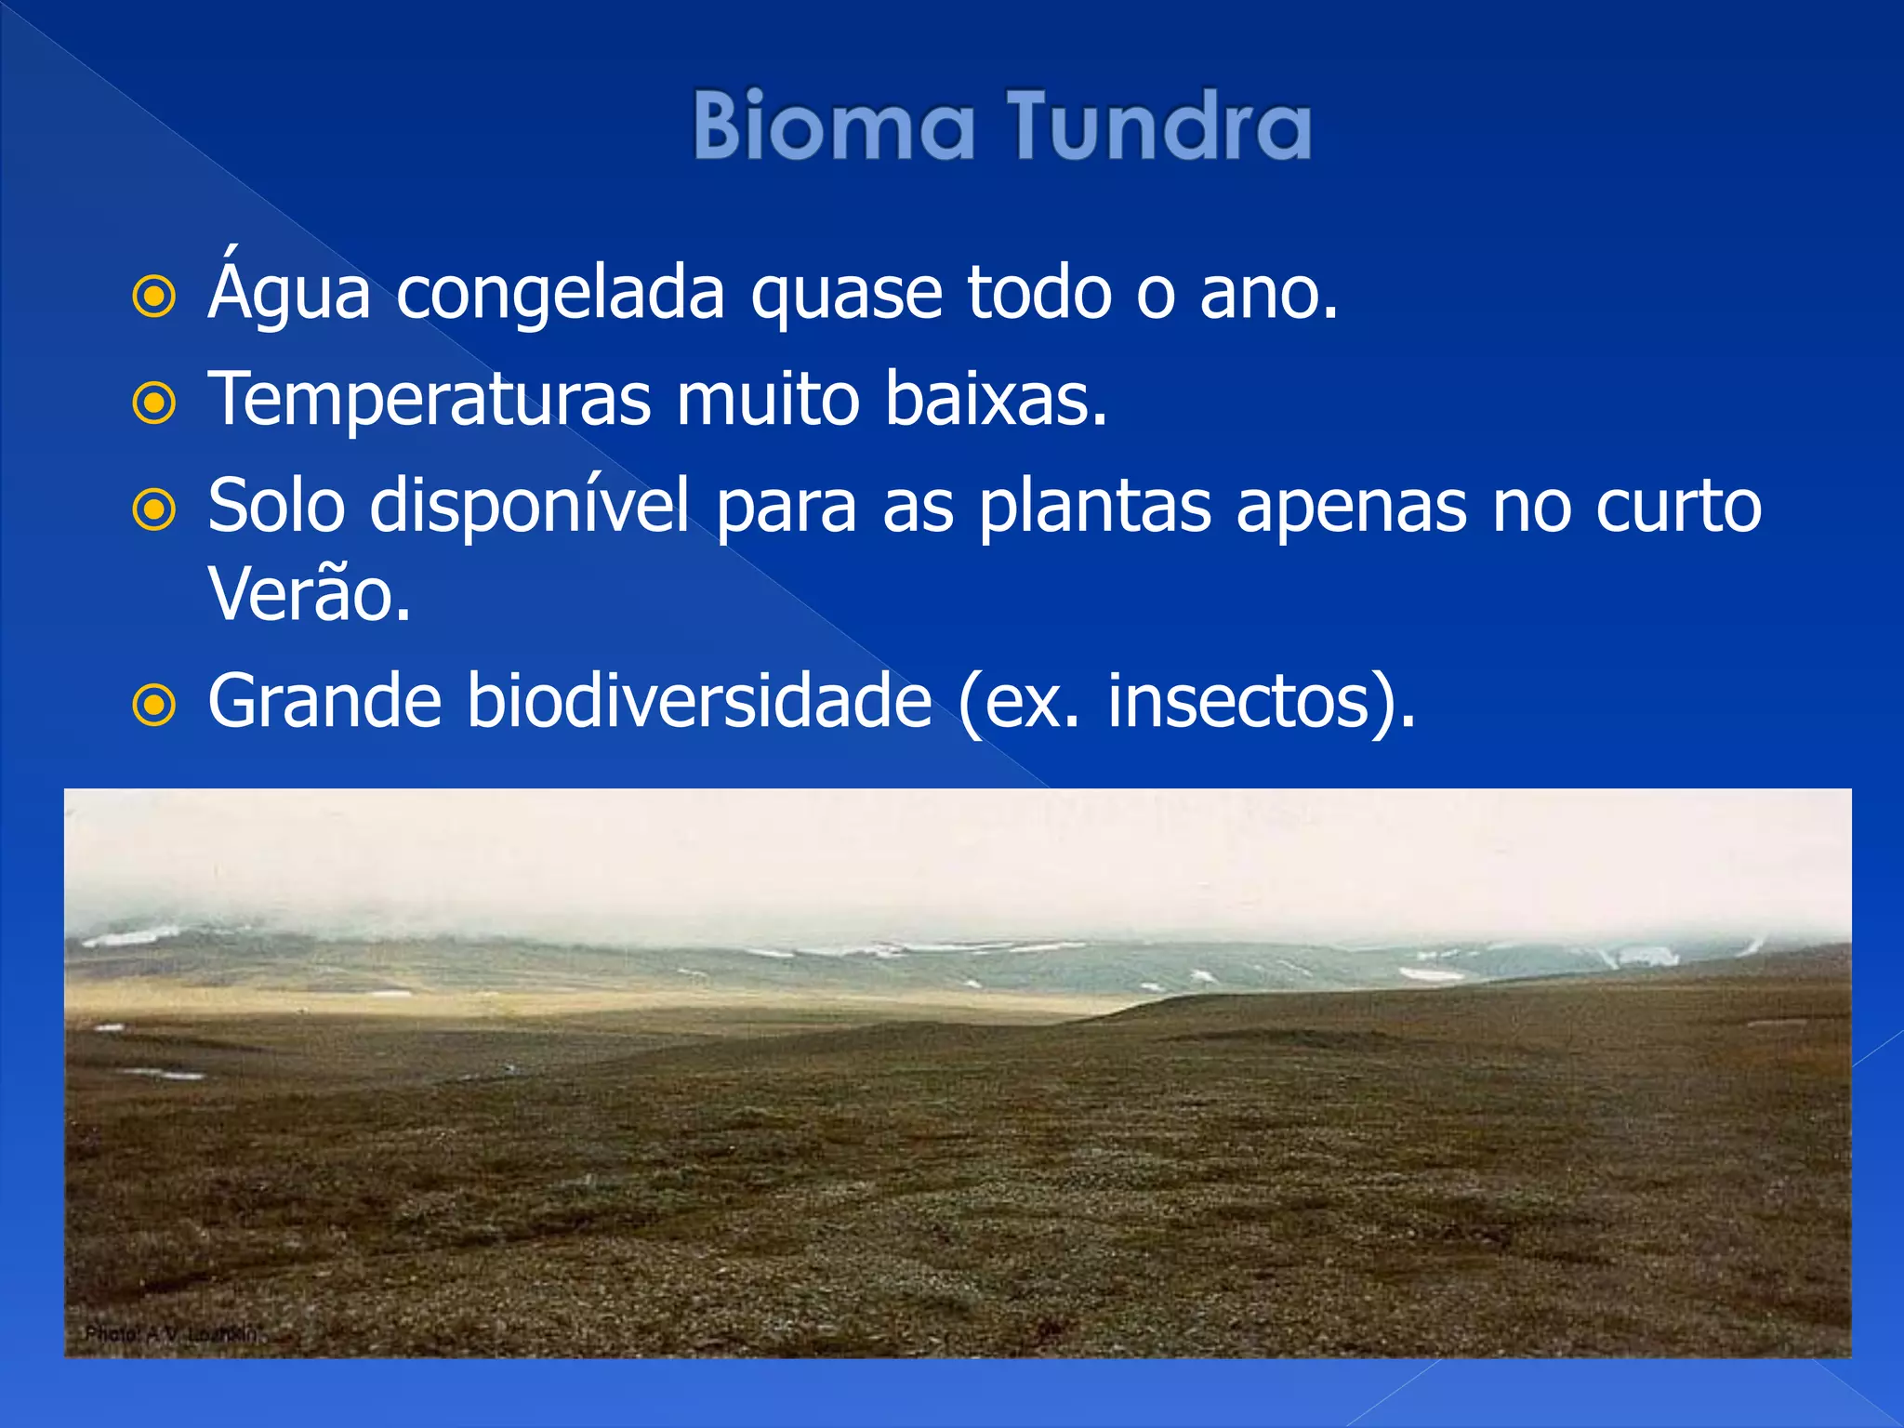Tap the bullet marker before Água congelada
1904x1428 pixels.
154,297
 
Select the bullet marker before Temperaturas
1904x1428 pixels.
154,403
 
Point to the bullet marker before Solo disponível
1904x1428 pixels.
154,510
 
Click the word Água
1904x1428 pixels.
289,293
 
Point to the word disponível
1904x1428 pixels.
530,507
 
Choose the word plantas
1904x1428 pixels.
1095,507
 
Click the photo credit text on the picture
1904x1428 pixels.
171,1334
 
